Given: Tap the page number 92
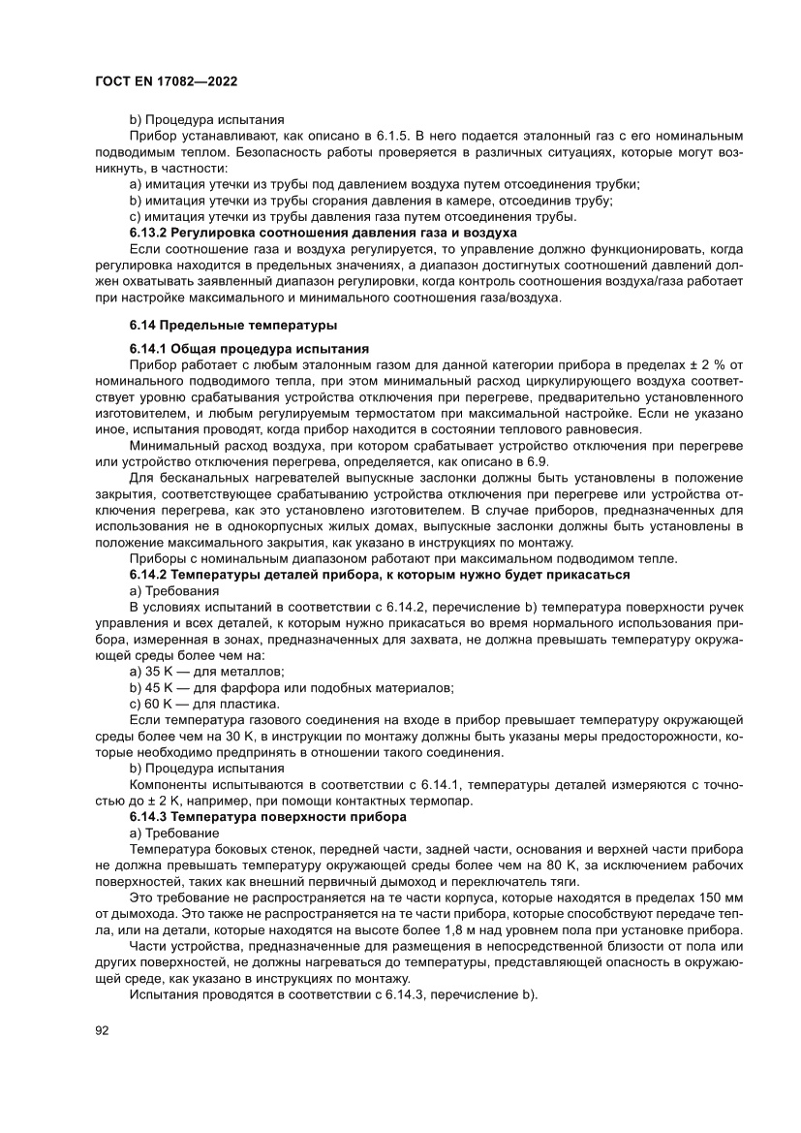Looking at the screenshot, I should [x=102, y=1030].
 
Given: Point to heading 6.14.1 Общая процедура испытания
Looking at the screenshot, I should [x=251, y=348].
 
